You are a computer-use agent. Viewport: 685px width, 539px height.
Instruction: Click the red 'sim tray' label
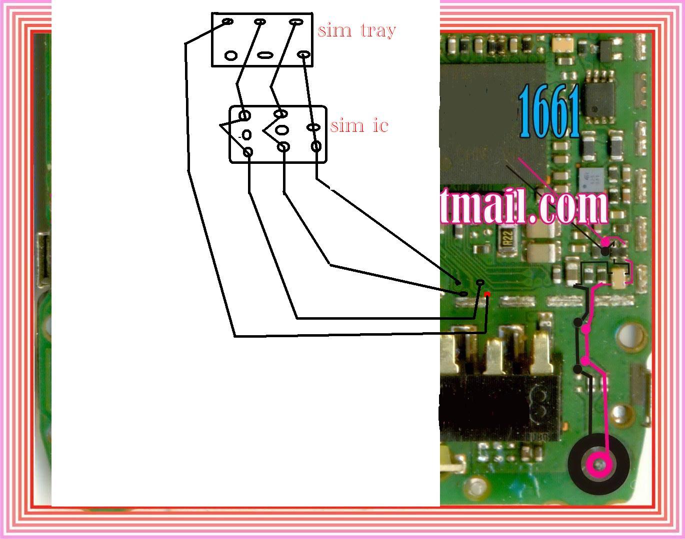(x=356, y=30)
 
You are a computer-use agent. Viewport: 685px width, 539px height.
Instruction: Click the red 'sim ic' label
(x=359, y=125)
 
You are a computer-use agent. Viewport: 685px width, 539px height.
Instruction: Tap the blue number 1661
(x=549, y=111)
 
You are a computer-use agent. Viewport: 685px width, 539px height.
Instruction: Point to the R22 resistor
(x=508, y=236)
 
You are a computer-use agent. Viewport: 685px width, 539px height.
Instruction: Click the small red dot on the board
(x=487, y=295)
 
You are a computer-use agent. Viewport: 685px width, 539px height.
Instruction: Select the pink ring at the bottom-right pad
(x=599, y=465)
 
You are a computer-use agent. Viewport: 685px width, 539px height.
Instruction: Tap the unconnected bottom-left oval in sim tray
(x=231, y=55)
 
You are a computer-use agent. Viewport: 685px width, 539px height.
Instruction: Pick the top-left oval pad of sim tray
(x=227, y=21)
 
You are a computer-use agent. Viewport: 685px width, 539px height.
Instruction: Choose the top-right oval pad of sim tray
(x=296, y=21)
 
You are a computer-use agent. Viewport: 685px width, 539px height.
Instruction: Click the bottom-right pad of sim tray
(x=303, y=54)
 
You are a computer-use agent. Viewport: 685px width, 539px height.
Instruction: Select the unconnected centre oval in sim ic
(x=282, y=130)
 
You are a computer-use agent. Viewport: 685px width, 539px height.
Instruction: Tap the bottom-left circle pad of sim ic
(x=248, y=152)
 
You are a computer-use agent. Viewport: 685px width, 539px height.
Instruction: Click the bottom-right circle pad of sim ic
(x=316, y=146)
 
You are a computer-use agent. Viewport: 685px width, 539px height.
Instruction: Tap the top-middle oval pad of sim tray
(x=260, y=21)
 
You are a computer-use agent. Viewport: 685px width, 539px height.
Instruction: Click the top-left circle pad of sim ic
(x=244, y=116)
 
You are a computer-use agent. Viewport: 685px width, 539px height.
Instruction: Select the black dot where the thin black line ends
(x=605, y=251)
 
